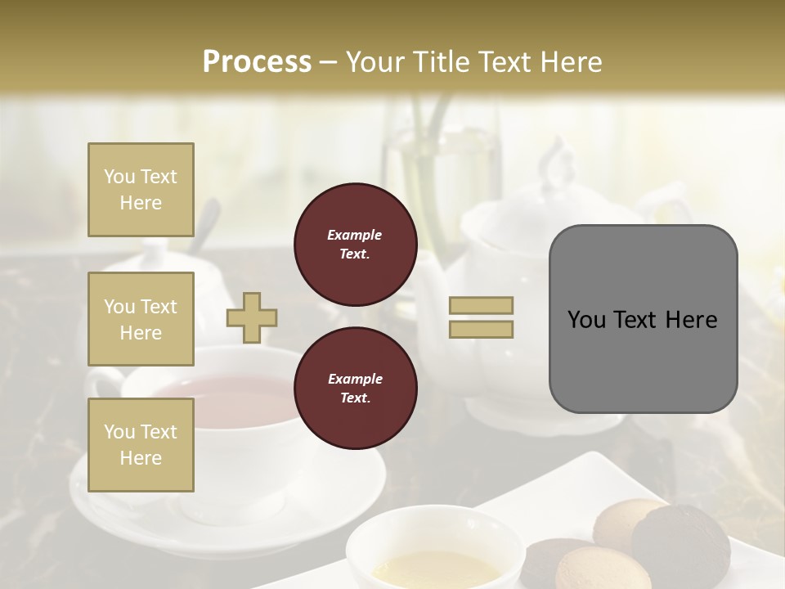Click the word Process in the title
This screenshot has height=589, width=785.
point(257,61)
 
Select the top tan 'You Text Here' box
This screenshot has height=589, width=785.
point(141,190)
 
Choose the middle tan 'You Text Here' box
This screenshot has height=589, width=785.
point(141,319)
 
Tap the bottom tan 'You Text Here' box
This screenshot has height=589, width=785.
point(141,445)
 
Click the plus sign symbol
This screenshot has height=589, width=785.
point(252,317)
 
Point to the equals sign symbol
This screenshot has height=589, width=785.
point(481,317)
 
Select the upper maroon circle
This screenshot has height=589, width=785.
point(355,245)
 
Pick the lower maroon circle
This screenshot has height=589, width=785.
point(355,389)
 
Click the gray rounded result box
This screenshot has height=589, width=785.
point(643,318)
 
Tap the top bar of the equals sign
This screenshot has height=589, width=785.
point(481,306)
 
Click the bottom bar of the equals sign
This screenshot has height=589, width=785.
point(481,329)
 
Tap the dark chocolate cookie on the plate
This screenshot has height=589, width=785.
point(680,543)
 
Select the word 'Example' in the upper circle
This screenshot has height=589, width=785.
point(354,235)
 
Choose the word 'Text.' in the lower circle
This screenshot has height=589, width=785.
point(354,398)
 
